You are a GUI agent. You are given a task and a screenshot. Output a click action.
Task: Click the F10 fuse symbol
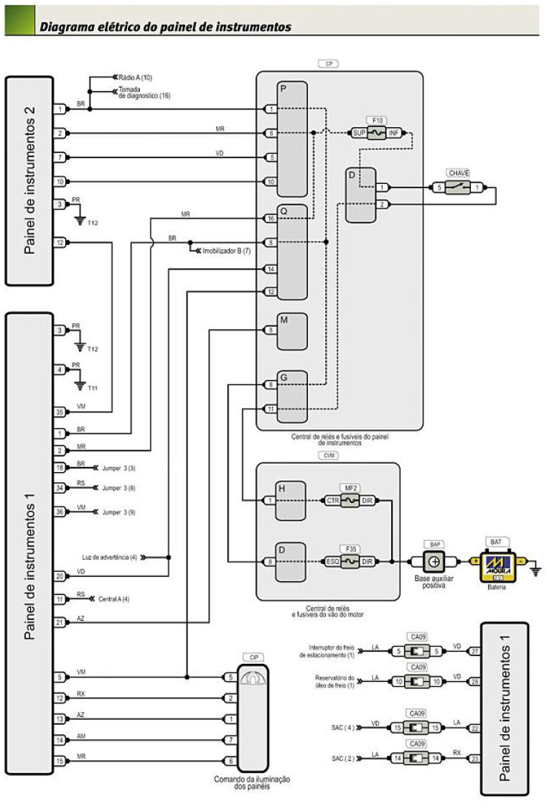click(376, 132)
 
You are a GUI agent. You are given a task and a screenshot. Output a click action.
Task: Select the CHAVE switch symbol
click(458, 188)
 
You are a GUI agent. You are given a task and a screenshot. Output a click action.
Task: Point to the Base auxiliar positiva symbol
click(434, 561)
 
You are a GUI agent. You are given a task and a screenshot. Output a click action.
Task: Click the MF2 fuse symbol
click(349, 499)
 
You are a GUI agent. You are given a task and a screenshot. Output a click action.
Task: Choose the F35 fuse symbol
click(349, 561)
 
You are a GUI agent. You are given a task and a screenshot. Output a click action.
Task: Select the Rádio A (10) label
click(136, 76)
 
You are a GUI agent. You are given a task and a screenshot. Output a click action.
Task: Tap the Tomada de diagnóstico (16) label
click(144, 92)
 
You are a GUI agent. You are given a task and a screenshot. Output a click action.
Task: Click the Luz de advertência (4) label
click(108, 557)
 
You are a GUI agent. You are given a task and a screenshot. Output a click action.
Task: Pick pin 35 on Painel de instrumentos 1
click(60, 412)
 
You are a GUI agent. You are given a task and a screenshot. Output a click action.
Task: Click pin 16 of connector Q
click(270, 218)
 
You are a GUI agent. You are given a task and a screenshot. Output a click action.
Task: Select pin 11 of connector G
click(270, 409)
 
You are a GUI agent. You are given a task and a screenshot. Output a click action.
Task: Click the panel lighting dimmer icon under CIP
click(251, 677)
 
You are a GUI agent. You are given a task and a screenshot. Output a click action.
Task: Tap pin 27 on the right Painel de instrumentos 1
click(474, 652)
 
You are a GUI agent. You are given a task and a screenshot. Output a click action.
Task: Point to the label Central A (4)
click(115, 598)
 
